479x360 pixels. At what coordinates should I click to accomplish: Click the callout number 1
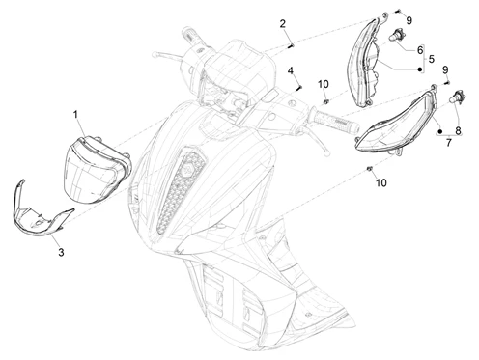[75, 114]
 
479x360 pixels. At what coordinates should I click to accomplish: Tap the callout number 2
[282, 24]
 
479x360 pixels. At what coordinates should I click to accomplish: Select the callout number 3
[61, 253]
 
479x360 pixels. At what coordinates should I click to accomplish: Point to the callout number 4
[291, 70]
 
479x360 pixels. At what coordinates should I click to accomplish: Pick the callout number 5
[432, 59]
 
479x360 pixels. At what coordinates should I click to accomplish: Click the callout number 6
[420, 50]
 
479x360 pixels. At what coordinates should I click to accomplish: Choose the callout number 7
[449, 142]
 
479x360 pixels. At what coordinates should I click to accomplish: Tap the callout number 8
[458, 130]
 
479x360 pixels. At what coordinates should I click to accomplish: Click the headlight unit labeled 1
[99, 169]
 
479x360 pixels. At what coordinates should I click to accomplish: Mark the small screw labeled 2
[291, 46]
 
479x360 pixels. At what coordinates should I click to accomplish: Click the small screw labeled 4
[299, 87]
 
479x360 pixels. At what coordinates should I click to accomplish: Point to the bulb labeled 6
[396, 35]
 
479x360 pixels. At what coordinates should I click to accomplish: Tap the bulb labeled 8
[458, 97]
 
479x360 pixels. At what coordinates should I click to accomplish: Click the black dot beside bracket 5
[419, 69]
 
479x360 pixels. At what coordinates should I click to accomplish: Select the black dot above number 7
[440, 131]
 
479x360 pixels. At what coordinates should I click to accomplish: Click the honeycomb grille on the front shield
[182, 188]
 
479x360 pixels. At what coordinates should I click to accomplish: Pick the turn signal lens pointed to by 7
[396, 123]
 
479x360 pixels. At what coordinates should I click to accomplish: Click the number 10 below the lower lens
[380, 182]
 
